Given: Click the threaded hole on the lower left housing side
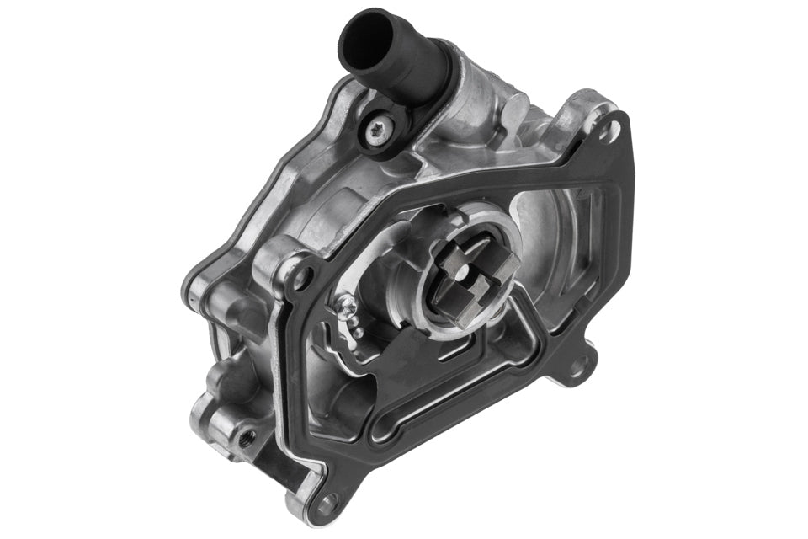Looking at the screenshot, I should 246,436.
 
